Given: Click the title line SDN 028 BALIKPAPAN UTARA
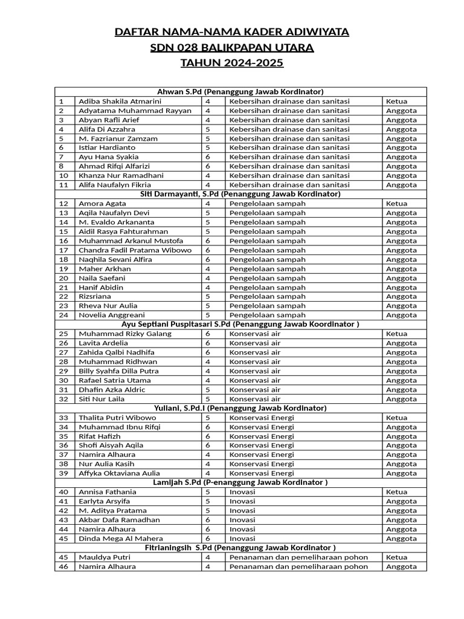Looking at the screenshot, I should (x=232, y=48).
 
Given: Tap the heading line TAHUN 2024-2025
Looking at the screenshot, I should (x=232, y=63).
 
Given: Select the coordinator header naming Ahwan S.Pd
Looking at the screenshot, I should (x=240, y=92).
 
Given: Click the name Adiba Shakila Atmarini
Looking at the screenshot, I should (x=120, y=102).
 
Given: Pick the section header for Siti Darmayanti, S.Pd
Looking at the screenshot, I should (x=240, y=194).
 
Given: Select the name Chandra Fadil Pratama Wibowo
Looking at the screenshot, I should (x=135, y=250).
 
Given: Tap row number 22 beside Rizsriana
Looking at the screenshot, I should (x=63, y=297).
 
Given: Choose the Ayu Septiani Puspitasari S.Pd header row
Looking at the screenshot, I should (x=240, y=325).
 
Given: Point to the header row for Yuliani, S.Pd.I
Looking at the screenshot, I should (x=240, y=408).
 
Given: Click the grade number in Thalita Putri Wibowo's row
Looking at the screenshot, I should (x=208, y=418).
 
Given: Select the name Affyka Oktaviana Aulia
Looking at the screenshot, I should (x=119, y=473).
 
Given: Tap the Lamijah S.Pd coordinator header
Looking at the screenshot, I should (x=240, y=482).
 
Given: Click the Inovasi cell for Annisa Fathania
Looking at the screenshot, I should (x=242, y=492).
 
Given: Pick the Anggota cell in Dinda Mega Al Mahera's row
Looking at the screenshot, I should (x=401, y=539).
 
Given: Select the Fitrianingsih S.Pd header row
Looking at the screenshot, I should (x=240, y=548).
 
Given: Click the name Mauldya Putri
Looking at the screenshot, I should (x=103, y=557).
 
